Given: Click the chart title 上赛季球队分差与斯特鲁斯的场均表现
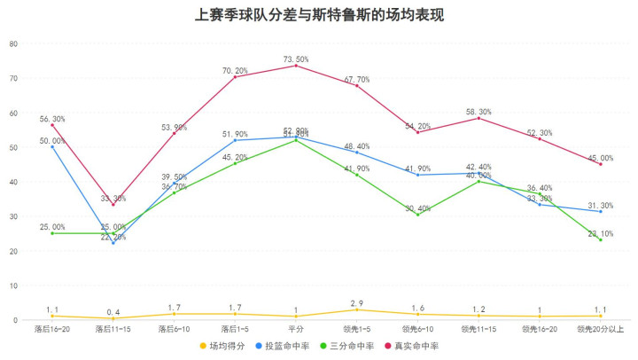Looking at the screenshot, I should [319, 16].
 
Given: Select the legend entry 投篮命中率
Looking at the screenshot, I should [286, 346].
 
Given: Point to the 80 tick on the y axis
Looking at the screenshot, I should [12, 43].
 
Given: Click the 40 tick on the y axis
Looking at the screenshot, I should [12, 182].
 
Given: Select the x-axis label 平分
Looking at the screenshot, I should [296, 329].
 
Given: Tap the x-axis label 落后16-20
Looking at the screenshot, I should [51, 329].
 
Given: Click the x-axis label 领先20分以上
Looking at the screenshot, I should [601, 329].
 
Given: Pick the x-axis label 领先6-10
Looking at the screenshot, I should [417, 329].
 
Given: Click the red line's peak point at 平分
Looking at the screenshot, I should [296, 66].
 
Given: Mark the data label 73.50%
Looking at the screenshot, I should [296, 59].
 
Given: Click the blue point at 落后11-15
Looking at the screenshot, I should [113, 243].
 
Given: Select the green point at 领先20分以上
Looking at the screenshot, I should [601, 239].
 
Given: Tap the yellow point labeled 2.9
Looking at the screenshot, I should [357, 309].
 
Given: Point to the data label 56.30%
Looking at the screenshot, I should [52, 119].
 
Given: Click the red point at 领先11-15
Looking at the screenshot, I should [478, 118].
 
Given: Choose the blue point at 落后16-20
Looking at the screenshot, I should [52, 147].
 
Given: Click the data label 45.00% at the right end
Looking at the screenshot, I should [601, 157].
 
